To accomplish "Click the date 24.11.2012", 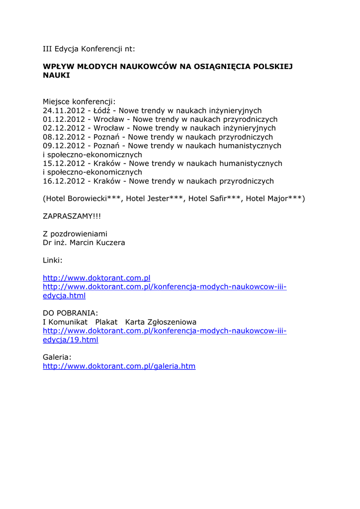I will [x=64, y=111].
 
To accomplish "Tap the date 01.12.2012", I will [x=64, y=120].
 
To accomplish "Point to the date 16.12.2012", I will [x=64, y=181].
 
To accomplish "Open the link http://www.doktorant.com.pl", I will [x=96, y=278].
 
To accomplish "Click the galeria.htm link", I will [x=119, y=366].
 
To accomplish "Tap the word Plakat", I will [x=106, y=322].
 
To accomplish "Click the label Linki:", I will [x=52, y=260].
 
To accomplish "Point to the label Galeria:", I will [x=57, y=357].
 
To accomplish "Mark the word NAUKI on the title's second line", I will [x=56, y=76].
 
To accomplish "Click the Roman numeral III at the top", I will [x=48, y=49].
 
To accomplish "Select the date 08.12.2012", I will [x=64, y=137].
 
